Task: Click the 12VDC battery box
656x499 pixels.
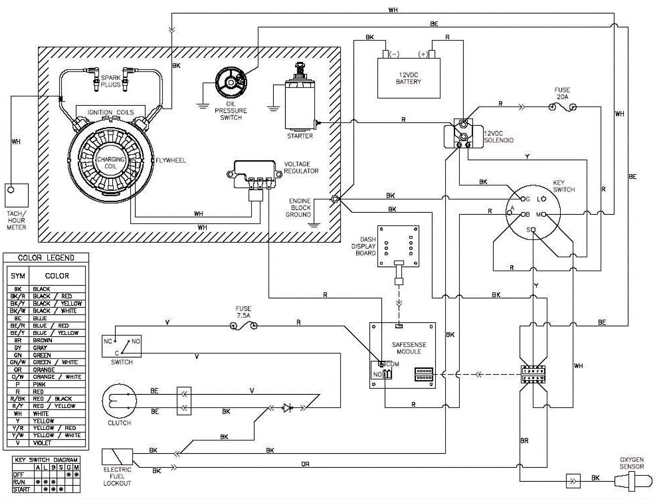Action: tap(408, 78)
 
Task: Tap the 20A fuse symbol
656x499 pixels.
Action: tap(562, 107)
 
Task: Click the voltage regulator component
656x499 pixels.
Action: tap(254, 174)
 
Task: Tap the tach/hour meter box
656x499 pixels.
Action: tap(16, 195)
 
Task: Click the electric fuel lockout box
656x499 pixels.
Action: tap(117, 457)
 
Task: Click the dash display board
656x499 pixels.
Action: tap(398, 246)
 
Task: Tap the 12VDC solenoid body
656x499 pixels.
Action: tap(458, 134)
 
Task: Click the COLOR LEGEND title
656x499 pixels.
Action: tap(46, 258)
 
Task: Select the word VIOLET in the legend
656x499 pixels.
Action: tap(42, 443)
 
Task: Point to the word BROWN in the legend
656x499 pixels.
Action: tap(42, 340)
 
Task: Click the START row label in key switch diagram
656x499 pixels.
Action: tap(21, 489)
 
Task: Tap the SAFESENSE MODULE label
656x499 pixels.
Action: tap(409, 348)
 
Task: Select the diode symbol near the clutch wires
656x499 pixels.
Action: tap(288, 408)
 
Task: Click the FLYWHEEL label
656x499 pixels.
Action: tap(171, 160)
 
